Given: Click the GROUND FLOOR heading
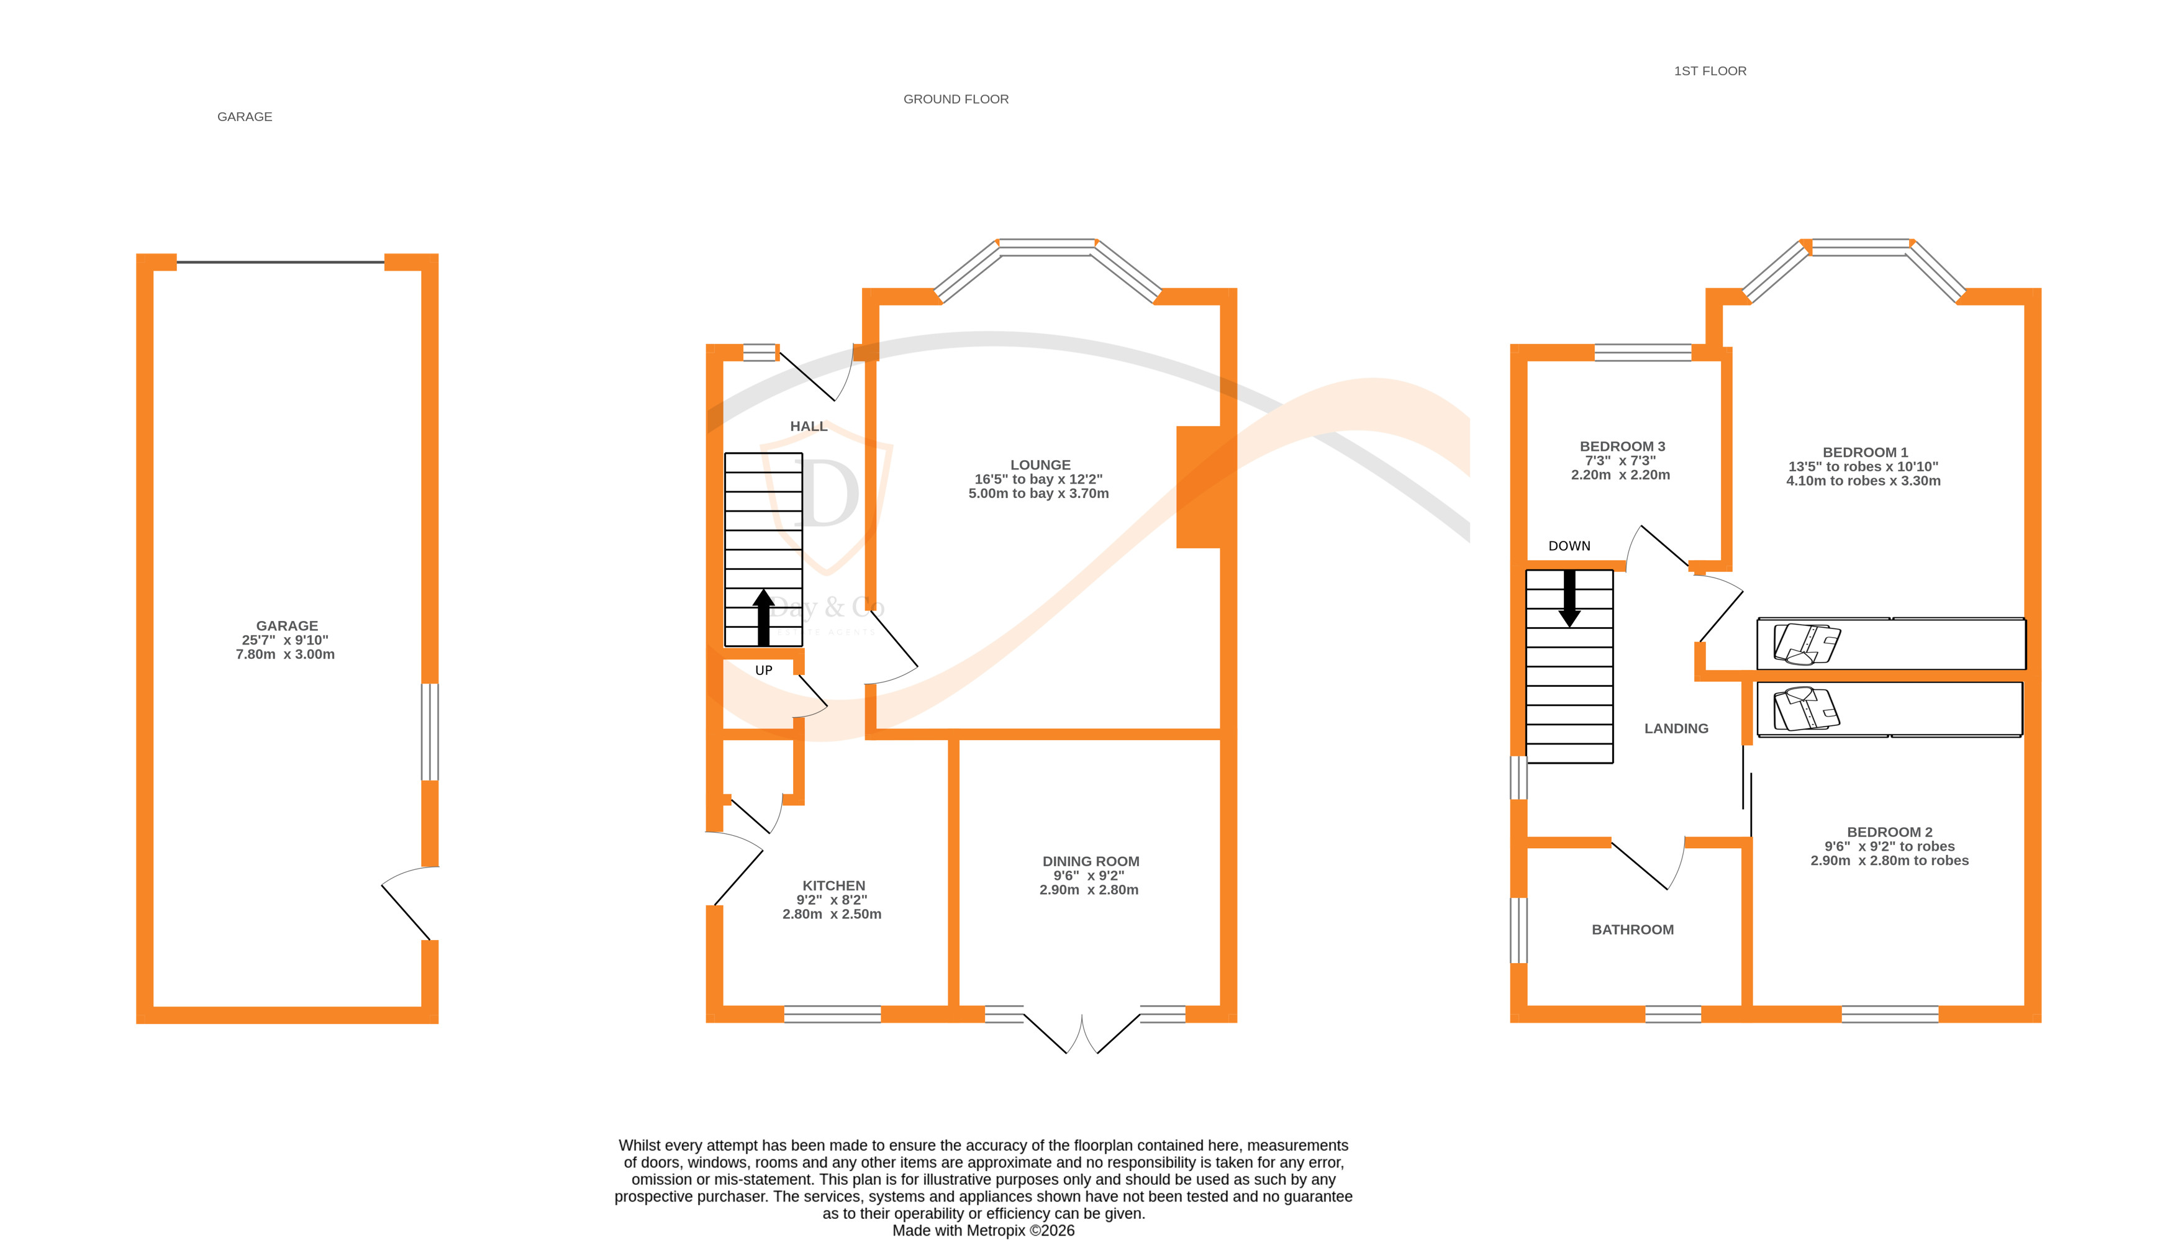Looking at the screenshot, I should pyautogui.click(x=956, y=99).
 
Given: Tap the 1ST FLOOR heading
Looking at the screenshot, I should pyautogui.click(x=1710, y=71).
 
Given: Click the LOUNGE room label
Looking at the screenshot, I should pyautogui.click(x=1040, y=465).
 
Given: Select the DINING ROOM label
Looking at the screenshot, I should pyautogui.click(x=1091, y=861).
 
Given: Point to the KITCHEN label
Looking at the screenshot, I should pyautogui.click(x=833, y=885).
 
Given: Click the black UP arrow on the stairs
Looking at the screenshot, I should pyautogui.click(x=763, y=617).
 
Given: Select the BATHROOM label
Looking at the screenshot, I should pyautogui.click(x=1632, y=929).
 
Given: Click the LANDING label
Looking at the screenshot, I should pyautogui.click(x=1676, y=728).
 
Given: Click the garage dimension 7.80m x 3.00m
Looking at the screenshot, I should pyautogui.click(x=285, y=654).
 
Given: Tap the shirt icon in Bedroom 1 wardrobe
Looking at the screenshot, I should pyautogui.click(x=1807, y=644).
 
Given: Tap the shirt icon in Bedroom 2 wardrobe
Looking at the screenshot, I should pyautogui.click(x=1806, y=710).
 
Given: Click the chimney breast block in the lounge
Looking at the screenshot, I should pyautogui.click(x=1199, y=486).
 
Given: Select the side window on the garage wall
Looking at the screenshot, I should pyautogui.click(x=430, y=731).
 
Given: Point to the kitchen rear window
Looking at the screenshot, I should pyautogui.click(x=832, y=1013).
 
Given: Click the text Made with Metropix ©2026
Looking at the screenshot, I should pyautogui.click(x=983, y=1230).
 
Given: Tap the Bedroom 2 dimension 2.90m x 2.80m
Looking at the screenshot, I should pyautogui.click(x=1889, y=860).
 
